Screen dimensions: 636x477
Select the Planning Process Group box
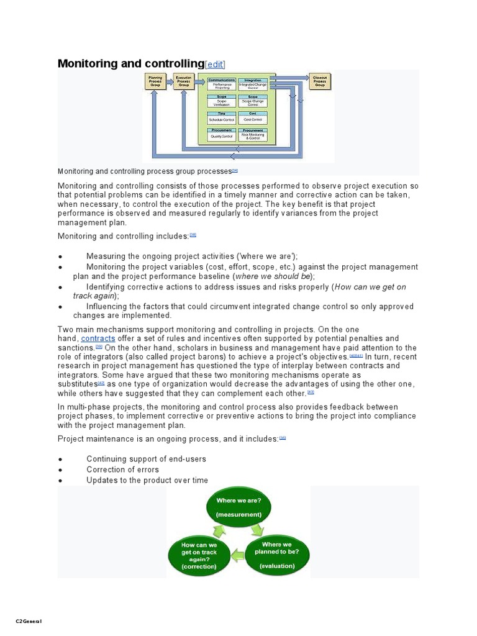[155, 81]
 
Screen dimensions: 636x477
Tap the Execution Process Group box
[183, 81]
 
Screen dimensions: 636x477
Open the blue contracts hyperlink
[98, 338]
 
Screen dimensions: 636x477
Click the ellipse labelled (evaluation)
[277, 554]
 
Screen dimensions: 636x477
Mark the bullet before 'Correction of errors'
[60, 470]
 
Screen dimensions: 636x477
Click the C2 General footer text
[29, 621]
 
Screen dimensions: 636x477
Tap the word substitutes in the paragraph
[77, 384]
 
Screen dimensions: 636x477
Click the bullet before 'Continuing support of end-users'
[60, 460]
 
